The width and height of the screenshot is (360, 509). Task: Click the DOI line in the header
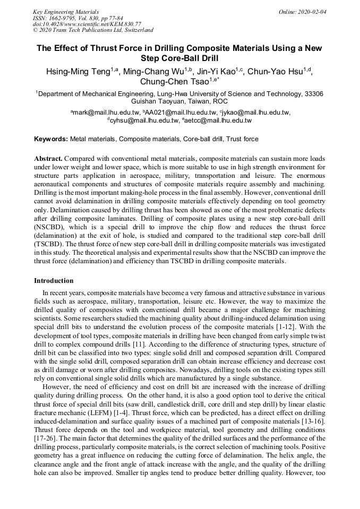point(87,24)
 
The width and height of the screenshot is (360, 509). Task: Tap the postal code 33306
point(312,94)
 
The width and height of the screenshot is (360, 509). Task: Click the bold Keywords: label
point(51,139)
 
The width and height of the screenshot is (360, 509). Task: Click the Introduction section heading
point(54,281)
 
